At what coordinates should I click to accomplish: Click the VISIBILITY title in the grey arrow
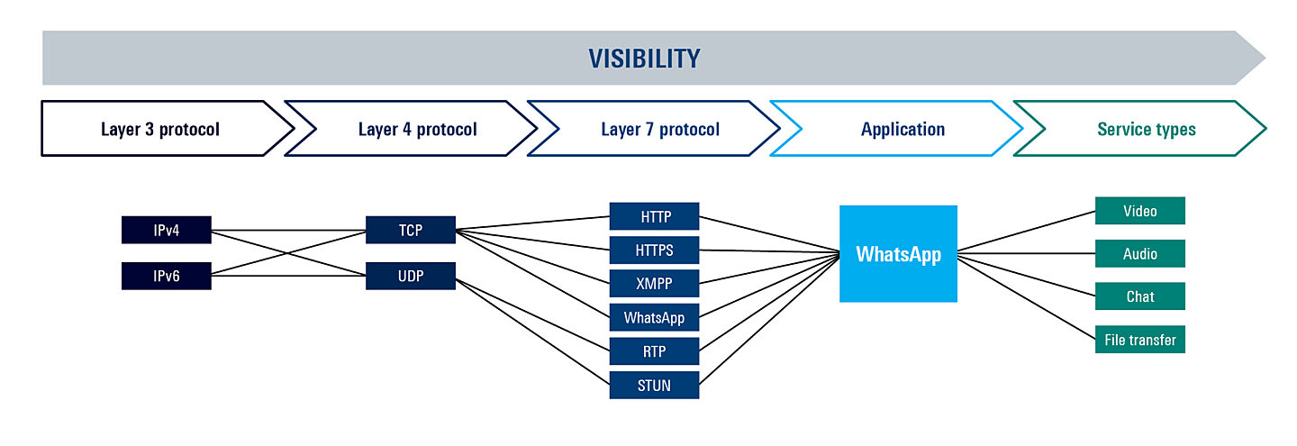click(x=644, y=59)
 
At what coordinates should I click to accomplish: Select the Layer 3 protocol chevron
click(x=159, y=129)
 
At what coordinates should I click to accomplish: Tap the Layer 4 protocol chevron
click(x=417, y=129)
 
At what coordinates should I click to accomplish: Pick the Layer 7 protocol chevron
click(x=659, y=129)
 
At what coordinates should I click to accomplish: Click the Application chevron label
click(x=902, y=129)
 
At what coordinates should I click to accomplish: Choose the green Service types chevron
click(x=1146, y=129)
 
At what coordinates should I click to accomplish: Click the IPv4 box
click(x=167, y=230)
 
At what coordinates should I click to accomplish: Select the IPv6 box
click(x=167, y=276)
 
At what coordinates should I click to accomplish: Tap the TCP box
click(x=411, y=230)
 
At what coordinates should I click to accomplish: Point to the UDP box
click(x=411, y=276)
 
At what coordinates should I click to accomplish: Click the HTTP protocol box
click(x=655, y=216)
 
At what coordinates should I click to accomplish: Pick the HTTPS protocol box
click(x=655, y=250)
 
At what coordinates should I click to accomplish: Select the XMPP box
click(x=655, y=283)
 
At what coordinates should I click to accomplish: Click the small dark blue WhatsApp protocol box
click(x=655, y=317)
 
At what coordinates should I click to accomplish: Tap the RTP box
click(x=655, y=350)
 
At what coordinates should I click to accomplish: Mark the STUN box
click(x=655, y=385)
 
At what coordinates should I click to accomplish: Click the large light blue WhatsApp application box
click(x=898, y=254)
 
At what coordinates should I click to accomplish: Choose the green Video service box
click(x=1139, y=211)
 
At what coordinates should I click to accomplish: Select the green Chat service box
click(x=1139, y=296)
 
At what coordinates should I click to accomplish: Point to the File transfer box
click(x=1139, y=340)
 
